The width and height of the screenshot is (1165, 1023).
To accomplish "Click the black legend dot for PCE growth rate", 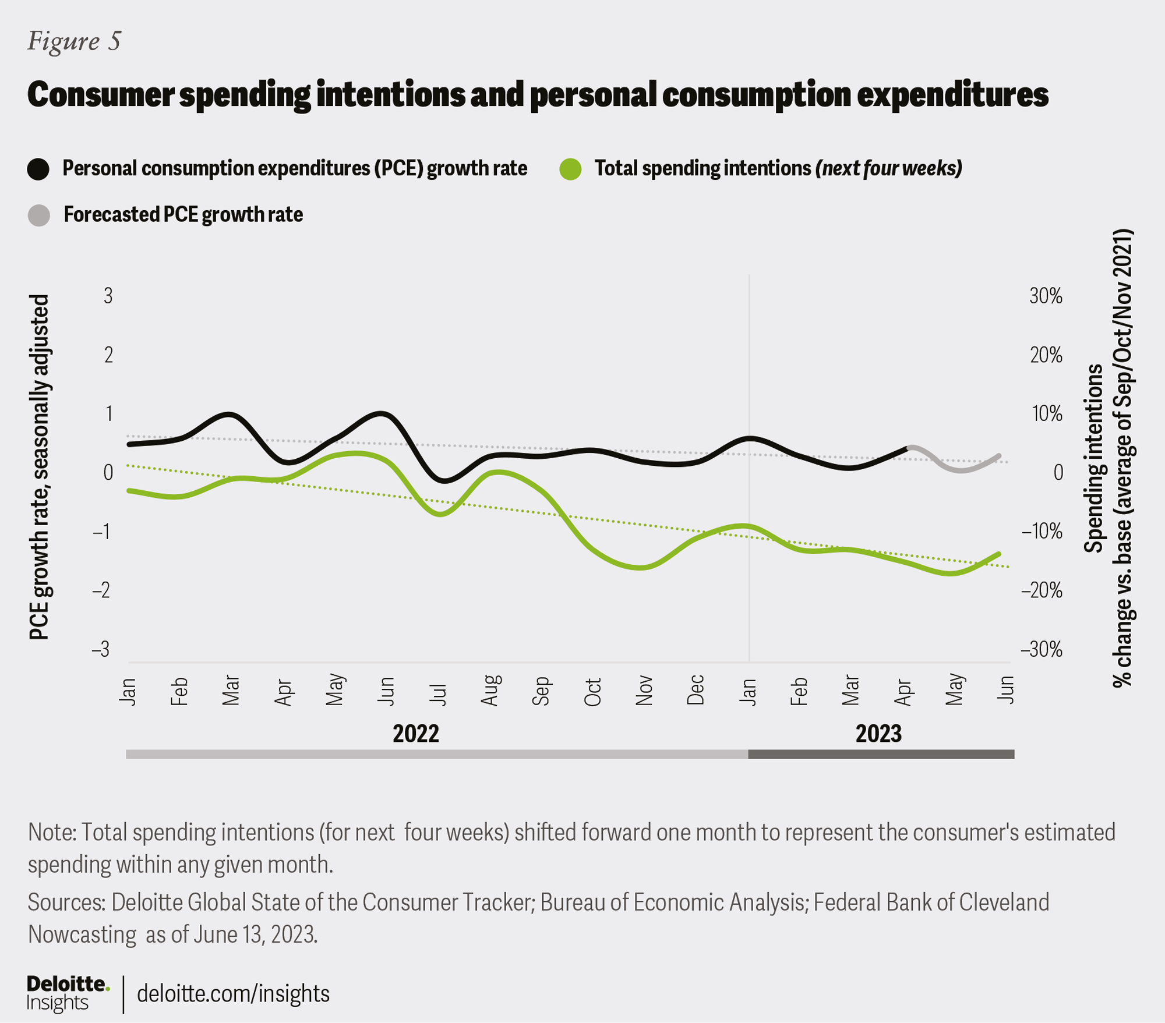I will tap(38, 169).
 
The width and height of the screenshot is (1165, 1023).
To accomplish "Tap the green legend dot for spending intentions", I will tap(570, 169).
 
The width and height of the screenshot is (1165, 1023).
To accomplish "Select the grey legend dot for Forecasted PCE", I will tap(39, 215).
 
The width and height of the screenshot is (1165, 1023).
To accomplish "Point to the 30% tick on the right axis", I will tap(1046, 296).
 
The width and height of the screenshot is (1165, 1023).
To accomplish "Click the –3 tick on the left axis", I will tap(101, 649).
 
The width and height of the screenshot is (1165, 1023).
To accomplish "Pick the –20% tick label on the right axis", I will tap(1042, 590).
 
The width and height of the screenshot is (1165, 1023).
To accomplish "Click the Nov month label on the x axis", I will tap(644, 691).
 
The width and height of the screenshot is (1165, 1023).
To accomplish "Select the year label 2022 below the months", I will tap(415, 734).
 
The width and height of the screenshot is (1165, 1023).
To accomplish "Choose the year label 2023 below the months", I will tap(878, 734).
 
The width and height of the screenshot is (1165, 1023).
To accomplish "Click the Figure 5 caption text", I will tap(74, 41).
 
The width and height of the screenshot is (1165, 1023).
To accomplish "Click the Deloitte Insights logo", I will tap(68, 993).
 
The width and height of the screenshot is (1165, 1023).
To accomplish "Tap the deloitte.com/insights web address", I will tap(233, 993).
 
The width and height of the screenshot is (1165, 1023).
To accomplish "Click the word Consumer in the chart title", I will tap(100, 94).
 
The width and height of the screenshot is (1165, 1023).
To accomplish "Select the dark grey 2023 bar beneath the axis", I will tap(881, 755).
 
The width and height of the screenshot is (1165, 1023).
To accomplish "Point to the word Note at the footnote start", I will tap(51, 833).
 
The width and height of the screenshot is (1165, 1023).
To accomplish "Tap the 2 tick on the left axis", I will tap(108, 355).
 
